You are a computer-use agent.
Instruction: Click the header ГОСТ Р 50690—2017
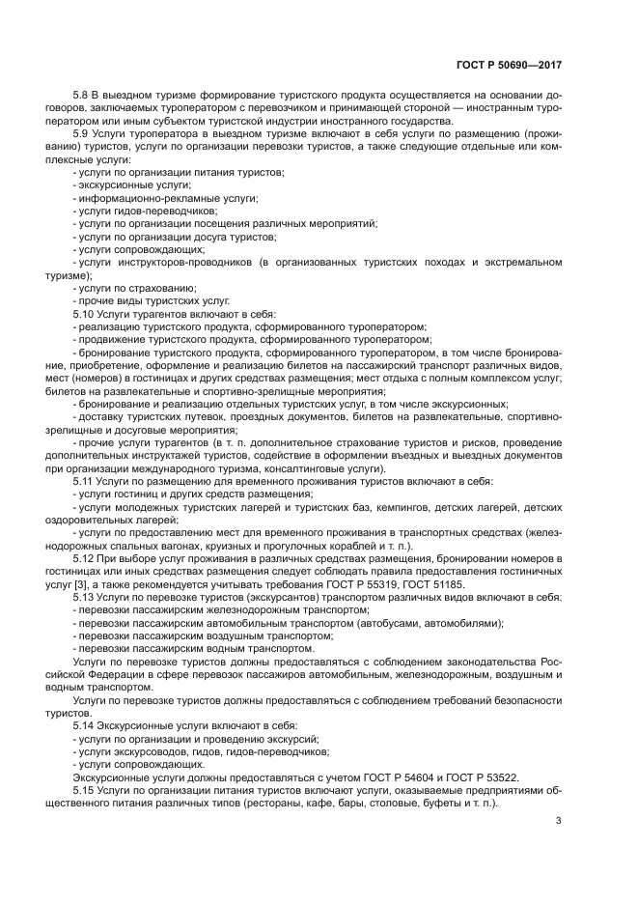pyautogui.click(x=508, y=64)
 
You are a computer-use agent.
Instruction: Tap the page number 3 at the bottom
pyautogui.click(x=559, y=822)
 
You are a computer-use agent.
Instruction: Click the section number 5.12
pyautogui.click(x=86, y=559)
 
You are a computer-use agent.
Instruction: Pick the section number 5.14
pyautogui.click(x=86, y=724)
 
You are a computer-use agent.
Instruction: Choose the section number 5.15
pyautogui.click(x=86, y=790)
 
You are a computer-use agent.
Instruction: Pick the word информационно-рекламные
pyautogui.click(x=146, y=197)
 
